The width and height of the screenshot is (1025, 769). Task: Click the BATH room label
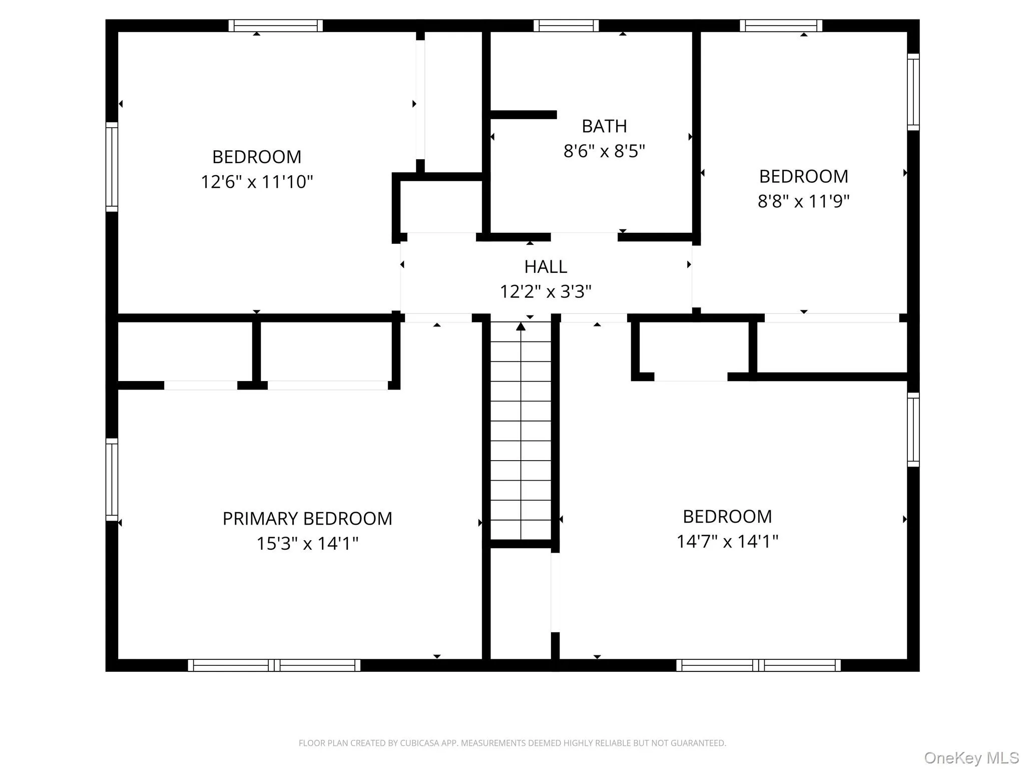click(604, 126)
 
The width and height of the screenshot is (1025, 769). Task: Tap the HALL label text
click(546, 267)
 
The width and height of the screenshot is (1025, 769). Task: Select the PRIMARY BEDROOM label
click(307, 519)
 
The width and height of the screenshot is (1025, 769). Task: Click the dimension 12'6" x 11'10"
click(257, 181)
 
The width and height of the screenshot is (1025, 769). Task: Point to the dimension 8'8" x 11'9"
click(803, 201)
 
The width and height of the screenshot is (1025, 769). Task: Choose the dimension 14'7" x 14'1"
click(727, 541)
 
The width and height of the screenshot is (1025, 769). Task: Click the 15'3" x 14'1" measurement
click(307, 543)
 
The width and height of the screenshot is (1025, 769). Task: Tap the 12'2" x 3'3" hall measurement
click(546, 291)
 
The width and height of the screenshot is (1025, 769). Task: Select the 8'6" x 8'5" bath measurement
click(604, 151)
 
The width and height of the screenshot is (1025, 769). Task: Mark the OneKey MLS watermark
click(971, 757)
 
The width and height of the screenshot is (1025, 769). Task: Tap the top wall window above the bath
click(566, 26)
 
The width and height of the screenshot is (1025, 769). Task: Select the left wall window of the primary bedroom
click(112, 480)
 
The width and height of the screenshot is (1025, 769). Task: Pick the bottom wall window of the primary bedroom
click(274, 665)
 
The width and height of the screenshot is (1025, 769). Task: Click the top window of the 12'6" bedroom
click(275, 26)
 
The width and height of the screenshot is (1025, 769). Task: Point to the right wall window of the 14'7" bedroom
click(913, 430)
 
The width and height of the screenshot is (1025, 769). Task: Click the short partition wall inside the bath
click(523, 115)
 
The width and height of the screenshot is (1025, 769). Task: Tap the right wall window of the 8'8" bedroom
click(913, 92)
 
